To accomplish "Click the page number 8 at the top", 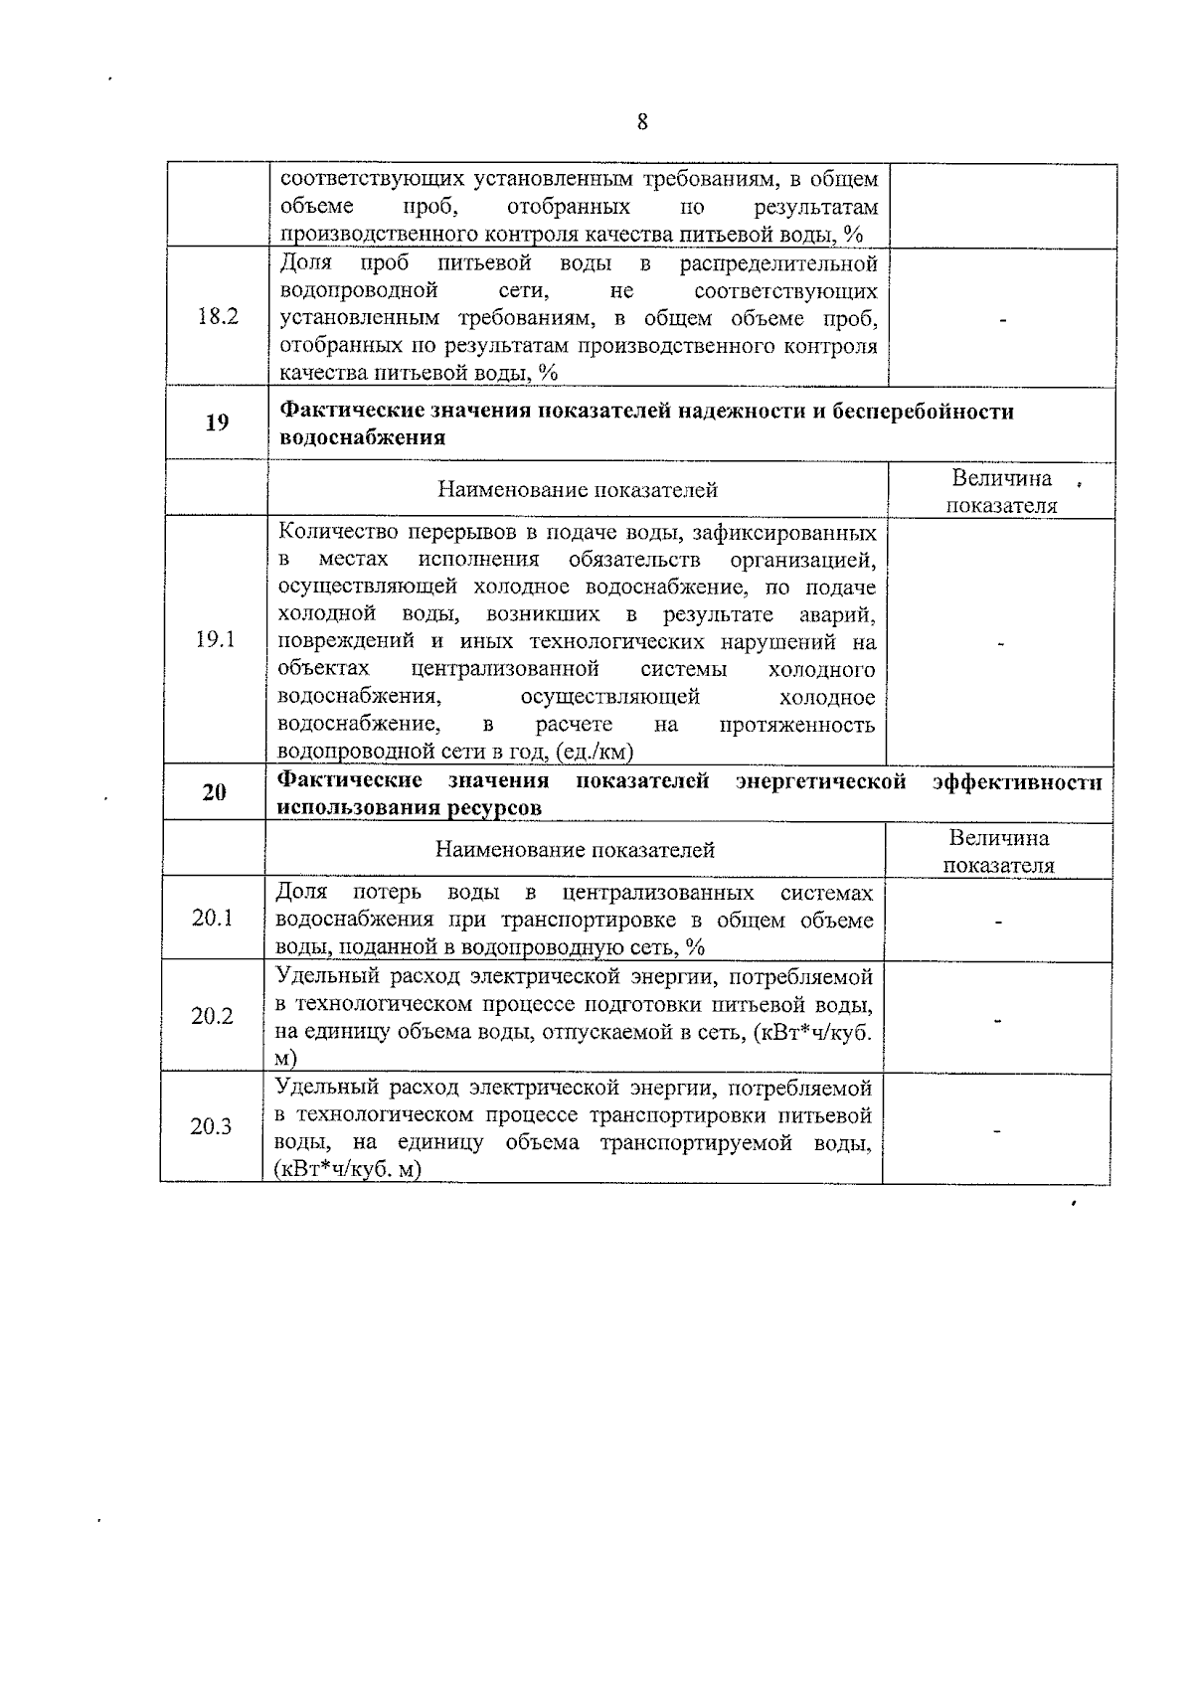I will point(641,122).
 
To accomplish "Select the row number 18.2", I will point(218,317).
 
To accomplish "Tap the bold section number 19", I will point(217,422).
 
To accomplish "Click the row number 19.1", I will point(216,639).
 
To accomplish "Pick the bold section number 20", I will point(215,792).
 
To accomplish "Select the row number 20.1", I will point(213,918).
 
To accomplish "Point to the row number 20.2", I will point(213,1016).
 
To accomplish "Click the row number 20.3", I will point(212,1126).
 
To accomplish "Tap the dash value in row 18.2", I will point(1002,320).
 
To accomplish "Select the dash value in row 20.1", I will point(998,922).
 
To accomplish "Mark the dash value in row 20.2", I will point(997,1019).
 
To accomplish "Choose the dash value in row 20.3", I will point(996,1129).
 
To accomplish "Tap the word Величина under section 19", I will point(1002,478).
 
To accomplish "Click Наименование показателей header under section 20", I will point(575,850).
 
